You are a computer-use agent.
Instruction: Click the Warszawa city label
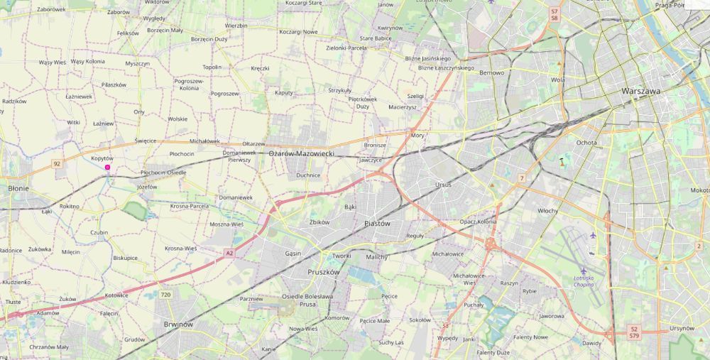tap(640, 92)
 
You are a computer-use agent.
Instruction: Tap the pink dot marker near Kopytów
tap(107, 168)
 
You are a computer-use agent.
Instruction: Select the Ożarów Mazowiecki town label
tap(302, 153)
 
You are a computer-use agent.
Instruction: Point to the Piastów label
tap(377, 223)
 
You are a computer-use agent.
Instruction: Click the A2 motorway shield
tap(229, 253)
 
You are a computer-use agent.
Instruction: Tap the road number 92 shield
tap(57, 164)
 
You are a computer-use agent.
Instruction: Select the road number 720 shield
tap(166, 295)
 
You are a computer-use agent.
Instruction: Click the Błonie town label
tap(18, 189)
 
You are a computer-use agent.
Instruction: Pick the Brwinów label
tap(178, 324)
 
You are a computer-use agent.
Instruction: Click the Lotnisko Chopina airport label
tap(589, 281)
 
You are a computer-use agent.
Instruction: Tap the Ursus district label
tap(443, 185)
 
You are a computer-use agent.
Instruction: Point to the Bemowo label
tap(491, 73)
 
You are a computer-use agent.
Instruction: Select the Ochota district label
tap(586, 143)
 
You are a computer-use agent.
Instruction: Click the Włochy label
tap(547, 211)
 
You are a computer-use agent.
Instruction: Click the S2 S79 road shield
tap(634, 332)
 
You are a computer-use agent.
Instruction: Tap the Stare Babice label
tap(376, 38)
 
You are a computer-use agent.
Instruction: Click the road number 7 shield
tap(521, 178)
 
